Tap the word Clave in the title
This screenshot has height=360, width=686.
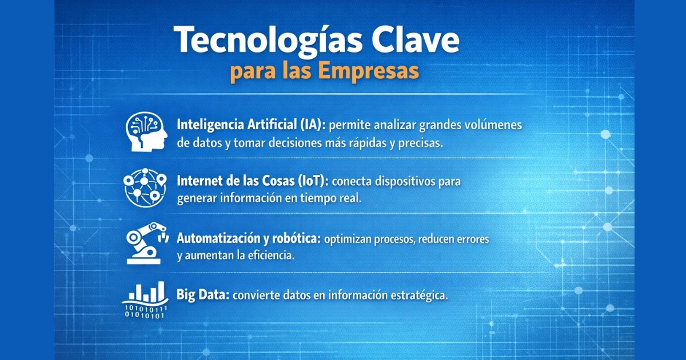416,39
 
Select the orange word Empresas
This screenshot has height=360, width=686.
368,71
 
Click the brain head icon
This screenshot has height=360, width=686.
146,131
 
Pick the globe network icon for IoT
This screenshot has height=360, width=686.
145,187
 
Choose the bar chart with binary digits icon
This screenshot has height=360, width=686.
145,300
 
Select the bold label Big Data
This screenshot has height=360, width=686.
203,295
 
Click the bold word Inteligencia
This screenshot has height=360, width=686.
210,125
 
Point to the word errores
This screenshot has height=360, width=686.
473,239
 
